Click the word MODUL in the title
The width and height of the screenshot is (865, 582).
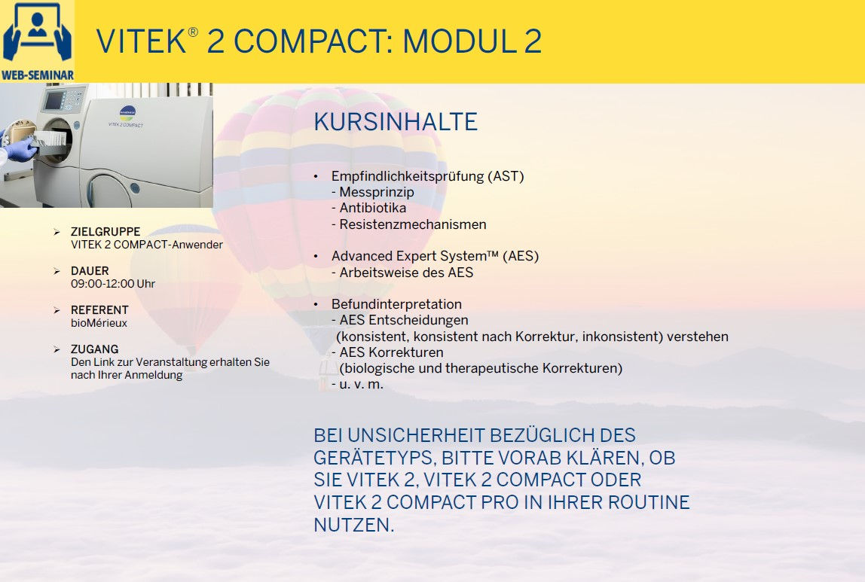pos(457,41)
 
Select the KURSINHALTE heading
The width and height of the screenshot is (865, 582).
pos(395,122)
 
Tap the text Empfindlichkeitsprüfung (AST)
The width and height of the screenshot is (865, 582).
pos(427,176)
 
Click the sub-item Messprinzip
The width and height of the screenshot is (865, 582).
pos(376,192)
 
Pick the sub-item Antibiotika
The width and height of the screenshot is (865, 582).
pos(372,208)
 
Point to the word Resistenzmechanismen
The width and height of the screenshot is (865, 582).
pos(412,224)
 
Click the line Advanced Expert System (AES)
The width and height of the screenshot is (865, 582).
pos(435,256)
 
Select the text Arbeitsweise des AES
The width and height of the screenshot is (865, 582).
pos(405,273)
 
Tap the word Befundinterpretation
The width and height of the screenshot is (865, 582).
pos(396,304)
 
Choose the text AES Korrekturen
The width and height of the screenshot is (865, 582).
pos(391,352)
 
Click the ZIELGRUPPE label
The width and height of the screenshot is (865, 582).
pos(105,232)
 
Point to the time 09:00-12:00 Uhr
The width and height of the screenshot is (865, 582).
pos(113,284)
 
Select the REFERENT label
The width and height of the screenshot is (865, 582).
pos(99,310)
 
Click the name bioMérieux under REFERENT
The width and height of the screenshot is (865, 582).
pos(99,323)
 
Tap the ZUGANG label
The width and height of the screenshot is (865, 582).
pos(94,349)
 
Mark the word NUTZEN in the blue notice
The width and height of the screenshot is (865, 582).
pos(353,526)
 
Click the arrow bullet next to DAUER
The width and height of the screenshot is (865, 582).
pos(57,271)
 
